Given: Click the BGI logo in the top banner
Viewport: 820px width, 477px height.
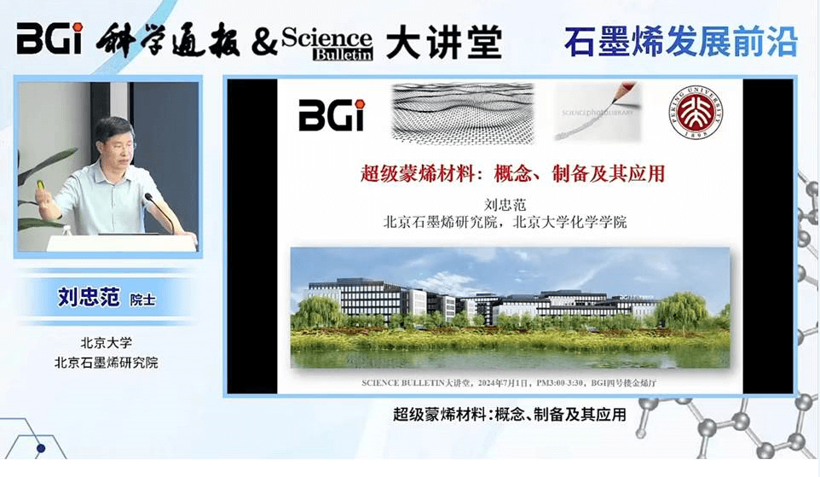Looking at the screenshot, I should [x=49, y=38].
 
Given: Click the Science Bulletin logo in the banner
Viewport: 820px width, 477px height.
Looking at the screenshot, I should [x=327, y=42].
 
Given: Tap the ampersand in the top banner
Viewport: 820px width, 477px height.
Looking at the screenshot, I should [x=264, y=42].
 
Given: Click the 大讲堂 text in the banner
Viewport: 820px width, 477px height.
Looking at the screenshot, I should [x=443, y=42].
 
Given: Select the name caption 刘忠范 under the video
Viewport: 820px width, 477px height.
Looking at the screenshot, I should [x=86, y=298].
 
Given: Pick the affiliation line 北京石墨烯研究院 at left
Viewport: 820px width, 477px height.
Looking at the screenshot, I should [x=107, y=362].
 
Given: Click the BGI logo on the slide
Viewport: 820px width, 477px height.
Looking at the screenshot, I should [x=331, y=115].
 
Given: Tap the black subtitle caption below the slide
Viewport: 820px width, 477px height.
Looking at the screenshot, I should [x=510, y=416].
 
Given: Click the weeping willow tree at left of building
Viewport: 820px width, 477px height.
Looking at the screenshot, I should [x=317, y=311].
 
